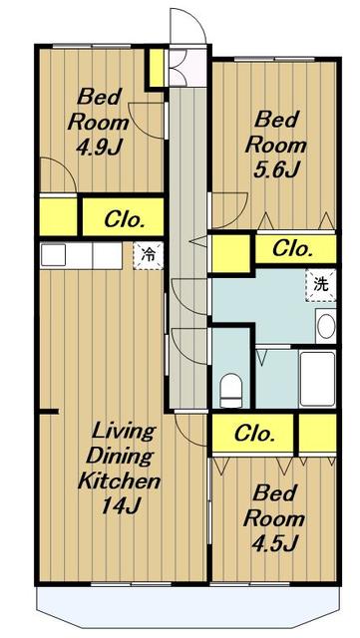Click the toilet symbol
231,390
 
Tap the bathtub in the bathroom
318,379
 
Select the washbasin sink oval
326,327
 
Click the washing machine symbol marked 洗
321,285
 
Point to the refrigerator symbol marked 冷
149,256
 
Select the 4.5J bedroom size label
275,541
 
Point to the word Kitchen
119,481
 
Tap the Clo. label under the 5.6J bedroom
293,248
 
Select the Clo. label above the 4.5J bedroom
254,435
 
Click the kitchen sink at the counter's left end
53,255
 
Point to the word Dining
119,457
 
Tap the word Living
124,432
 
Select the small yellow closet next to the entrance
157,68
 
